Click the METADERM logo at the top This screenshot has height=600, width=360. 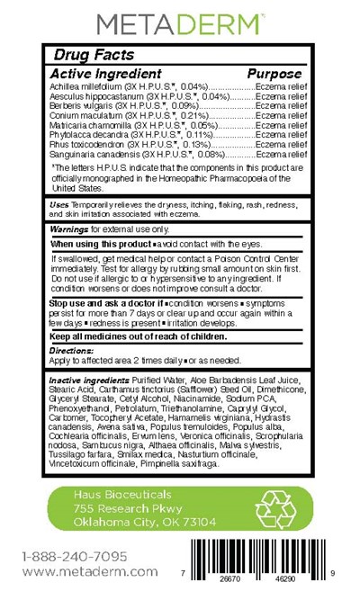point(179,22)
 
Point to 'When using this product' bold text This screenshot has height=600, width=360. point(99,244)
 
